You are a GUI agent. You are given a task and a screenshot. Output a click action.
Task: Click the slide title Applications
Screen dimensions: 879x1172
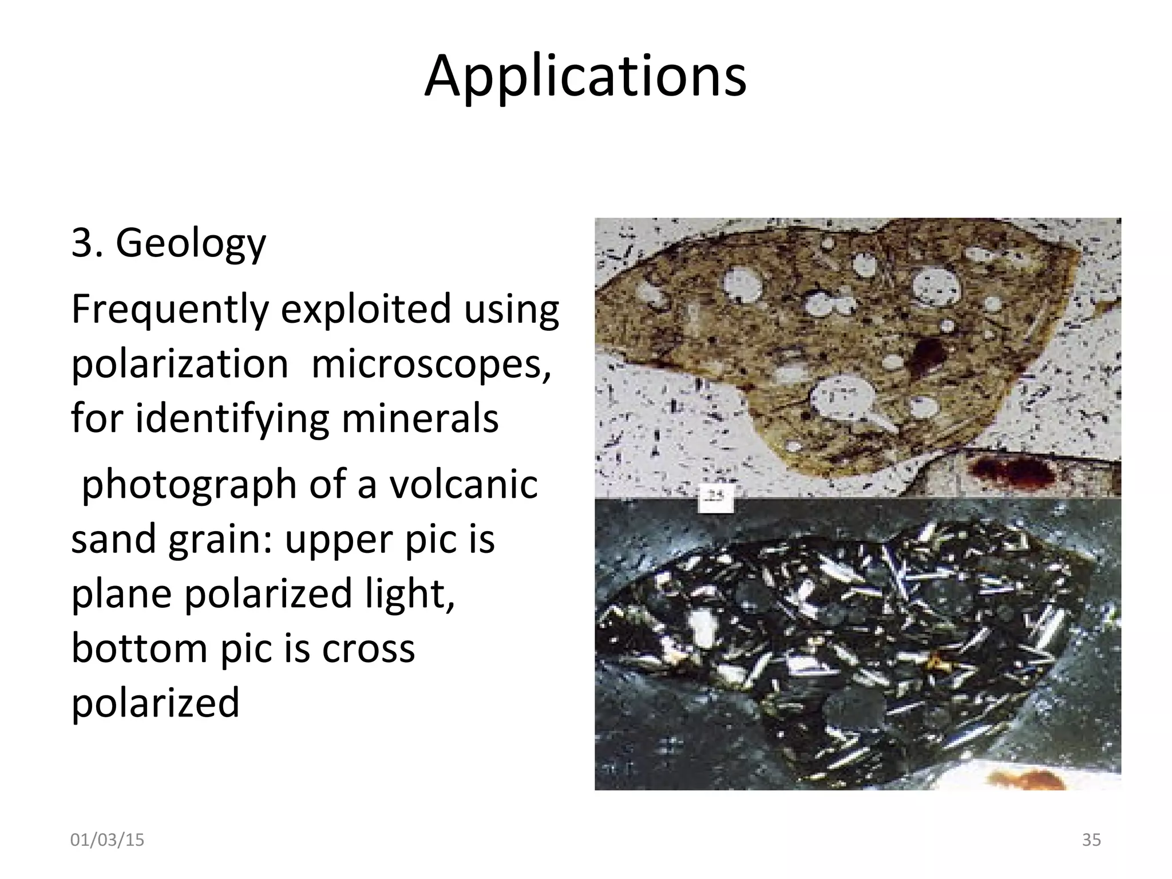point(585,76)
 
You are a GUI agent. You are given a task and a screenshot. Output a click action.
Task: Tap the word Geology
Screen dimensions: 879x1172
point(191,244)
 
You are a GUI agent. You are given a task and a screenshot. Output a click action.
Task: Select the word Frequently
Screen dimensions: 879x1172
point(169,309)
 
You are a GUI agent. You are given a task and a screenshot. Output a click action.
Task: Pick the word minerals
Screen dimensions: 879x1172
point(420,418)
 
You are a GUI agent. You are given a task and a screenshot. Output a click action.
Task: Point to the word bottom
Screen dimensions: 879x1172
point(140,648)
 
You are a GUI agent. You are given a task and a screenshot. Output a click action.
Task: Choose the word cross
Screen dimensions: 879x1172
point(369,649)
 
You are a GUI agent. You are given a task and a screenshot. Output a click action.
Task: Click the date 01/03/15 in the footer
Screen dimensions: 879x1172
point(107,840)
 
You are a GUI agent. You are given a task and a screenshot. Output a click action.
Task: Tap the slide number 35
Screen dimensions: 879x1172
point(1091,840)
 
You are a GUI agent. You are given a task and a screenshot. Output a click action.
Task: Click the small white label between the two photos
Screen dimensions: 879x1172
point(716,497)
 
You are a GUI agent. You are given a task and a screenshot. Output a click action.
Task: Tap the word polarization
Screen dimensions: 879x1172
point(180,364)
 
